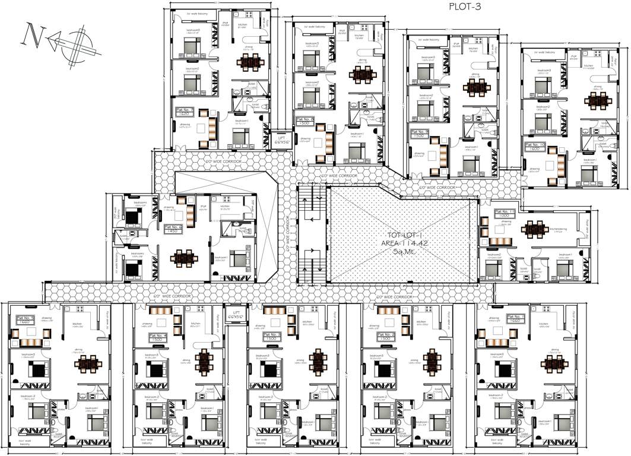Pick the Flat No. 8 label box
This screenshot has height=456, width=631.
coord(305,121)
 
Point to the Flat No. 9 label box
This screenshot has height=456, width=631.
coord(419,134)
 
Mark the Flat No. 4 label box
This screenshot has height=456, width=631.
coord(157,337)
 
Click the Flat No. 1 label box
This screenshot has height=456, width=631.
coord(515,319)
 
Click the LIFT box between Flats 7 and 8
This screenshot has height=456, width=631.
coord(281,140)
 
